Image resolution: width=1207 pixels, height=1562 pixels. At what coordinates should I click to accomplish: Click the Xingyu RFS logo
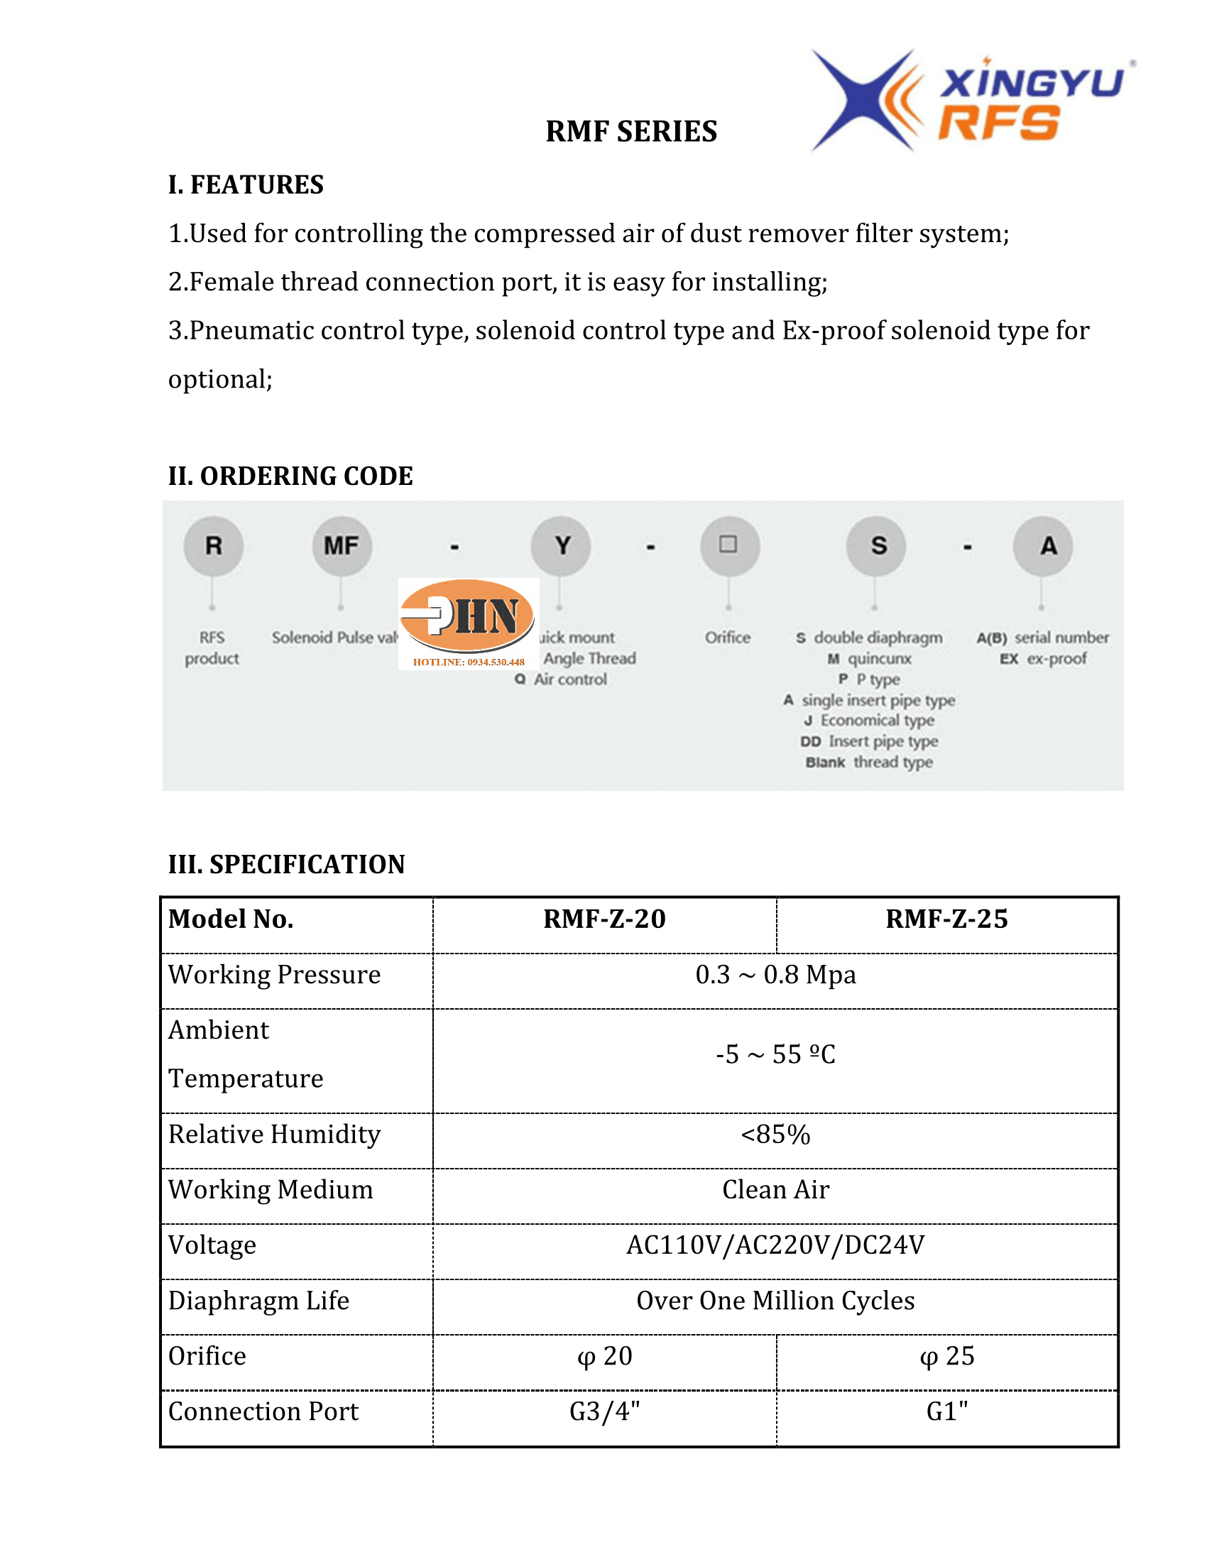point(973,101)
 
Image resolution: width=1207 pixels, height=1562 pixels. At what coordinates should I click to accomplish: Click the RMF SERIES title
point(630,131)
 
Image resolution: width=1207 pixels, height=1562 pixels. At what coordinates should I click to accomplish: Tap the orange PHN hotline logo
point(469,622)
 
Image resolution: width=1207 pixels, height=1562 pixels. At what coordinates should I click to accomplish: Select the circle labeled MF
point(341,547)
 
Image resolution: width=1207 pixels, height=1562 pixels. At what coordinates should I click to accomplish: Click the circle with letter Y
point(562,547)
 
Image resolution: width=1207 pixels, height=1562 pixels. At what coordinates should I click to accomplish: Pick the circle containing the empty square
point(728,546)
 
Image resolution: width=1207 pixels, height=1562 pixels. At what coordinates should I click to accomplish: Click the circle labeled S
point(878,547)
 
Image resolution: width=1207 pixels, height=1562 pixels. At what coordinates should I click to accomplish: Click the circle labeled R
point(213,547)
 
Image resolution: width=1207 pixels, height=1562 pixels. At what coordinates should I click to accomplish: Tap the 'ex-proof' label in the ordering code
point(1056,659)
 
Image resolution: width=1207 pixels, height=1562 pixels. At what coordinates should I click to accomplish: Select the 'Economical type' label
point(877,720)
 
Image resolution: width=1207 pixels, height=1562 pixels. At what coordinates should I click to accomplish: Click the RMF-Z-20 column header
point(604,919)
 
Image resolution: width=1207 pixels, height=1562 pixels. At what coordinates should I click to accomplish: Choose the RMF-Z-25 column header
point(946,919)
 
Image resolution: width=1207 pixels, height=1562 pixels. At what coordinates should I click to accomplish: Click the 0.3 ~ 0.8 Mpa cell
point(775,975)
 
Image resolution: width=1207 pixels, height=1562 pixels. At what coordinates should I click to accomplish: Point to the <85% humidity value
point(775,1135)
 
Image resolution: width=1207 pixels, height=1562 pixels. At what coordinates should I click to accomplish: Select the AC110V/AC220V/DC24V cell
point(775,1245)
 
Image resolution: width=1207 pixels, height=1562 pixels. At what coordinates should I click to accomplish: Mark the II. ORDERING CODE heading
point(290,476)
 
